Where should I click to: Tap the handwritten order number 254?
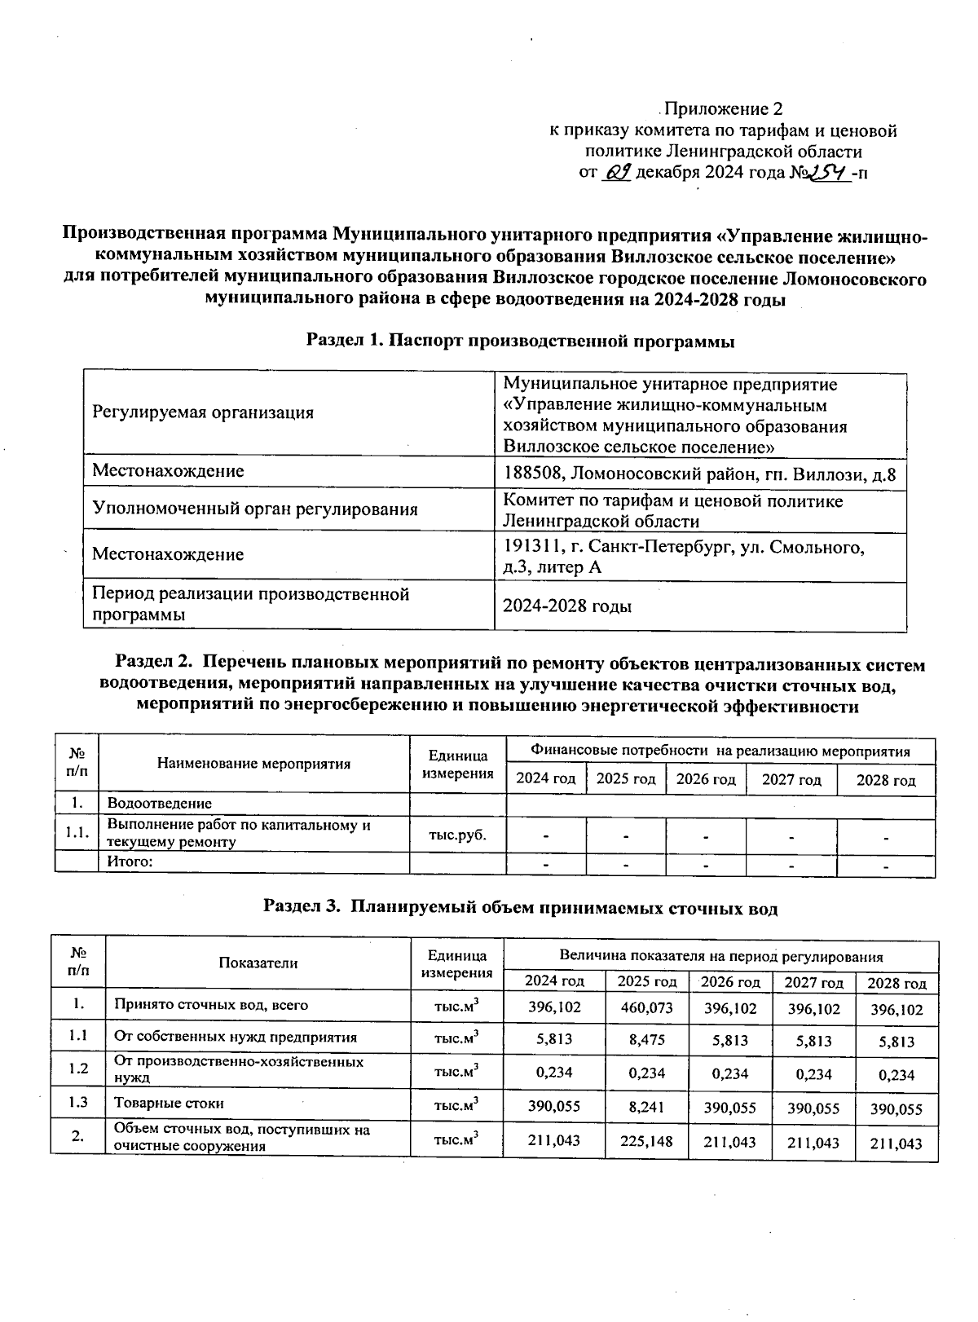(826, 172)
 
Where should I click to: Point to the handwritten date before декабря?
(615, 172)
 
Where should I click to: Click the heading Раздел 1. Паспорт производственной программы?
(520, 342)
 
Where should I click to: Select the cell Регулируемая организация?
(203, 412)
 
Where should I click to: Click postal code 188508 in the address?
(531, 474)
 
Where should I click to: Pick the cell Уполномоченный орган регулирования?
(254, 509)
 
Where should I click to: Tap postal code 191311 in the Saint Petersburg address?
(531, 547)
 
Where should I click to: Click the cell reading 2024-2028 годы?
(567, 606)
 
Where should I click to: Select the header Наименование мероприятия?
(253, 764)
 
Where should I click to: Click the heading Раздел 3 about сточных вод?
(520, 908)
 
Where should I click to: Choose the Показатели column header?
(258, 963)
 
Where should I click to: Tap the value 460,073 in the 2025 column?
(646, 1007)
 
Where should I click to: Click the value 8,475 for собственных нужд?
(646, 1039)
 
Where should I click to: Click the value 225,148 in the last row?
(646, 1141)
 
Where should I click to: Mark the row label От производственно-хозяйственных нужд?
(238, 1069)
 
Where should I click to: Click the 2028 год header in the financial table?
(885, 780)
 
